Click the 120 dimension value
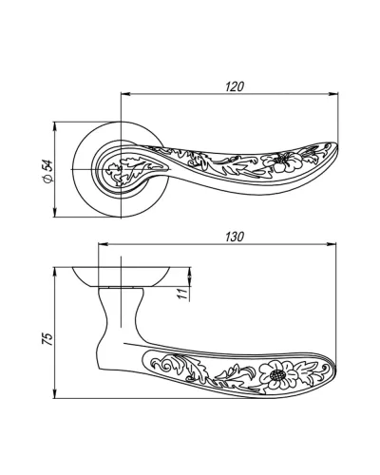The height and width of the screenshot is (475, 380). [x=235, y=86]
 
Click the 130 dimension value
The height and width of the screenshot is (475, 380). [x=235, y=237]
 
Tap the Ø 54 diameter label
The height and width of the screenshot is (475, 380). [x=47, y=171]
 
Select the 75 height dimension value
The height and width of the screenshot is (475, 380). [x=47, y=338]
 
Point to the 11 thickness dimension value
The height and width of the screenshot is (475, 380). [x=183, y=294]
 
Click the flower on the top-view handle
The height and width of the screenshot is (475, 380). [x=283, y=161]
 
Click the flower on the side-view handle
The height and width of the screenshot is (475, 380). [x=278, y=375]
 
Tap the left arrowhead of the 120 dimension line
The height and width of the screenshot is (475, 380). [x=125, y=94]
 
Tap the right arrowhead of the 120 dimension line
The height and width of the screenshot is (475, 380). [x=333, y=94]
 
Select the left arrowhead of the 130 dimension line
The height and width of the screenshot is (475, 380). [x=104, y=244]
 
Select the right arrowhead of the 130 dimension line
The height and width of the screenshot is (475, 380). [x=332, y=244]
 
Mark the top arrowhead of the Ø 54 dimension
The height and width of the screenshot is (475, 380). [x=55, y=126]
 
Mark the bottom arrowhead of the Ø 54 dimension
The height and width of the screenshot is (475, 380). [x=55, y=213]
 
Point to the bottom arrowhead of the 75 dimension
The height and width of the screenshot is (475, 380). [x=55, y=393]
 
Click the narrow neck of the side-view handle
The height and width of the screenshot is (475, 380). [x=121, y=313]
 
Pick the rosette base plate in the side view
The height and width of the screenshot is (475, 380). [x=122, y=277]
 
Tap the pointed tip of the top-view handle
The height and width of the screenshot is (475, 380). [x=335, y=146]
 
